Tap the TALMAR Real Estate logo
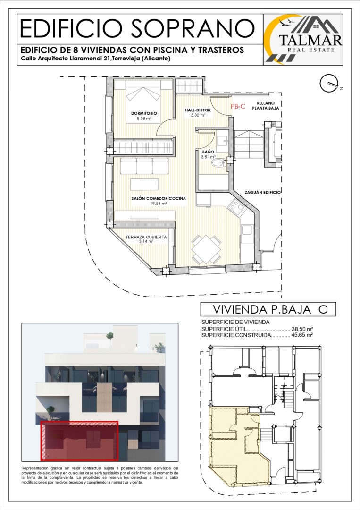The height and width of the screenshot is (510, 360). pos(303,39)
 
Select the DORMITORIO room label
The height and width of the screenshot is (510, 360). pos(144,113)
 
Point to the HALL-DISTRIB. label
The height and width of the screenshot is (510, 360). pos(198,110)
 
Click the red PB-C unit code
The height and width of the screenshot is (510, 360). pos(238,106)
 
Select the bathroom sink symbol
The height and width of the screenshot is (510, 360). pos(222,140)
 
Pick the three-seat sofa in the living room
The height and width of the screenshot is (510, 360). pos(144,166)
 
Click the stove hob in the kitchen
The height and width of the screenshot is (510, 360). pos(236,206)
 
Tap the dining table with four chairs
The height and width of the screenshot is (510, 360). pos(206,249)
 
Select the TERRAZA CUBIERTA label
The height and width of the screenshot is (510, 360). pos(146,238)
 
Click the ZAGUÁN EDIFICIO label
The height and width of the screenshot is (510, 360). pos(263,193)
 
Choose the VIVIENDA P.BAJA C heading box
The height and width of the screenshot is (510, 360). pos(268,309)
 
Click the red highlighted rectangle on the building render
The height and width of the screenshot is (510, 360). pos(79,441)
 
